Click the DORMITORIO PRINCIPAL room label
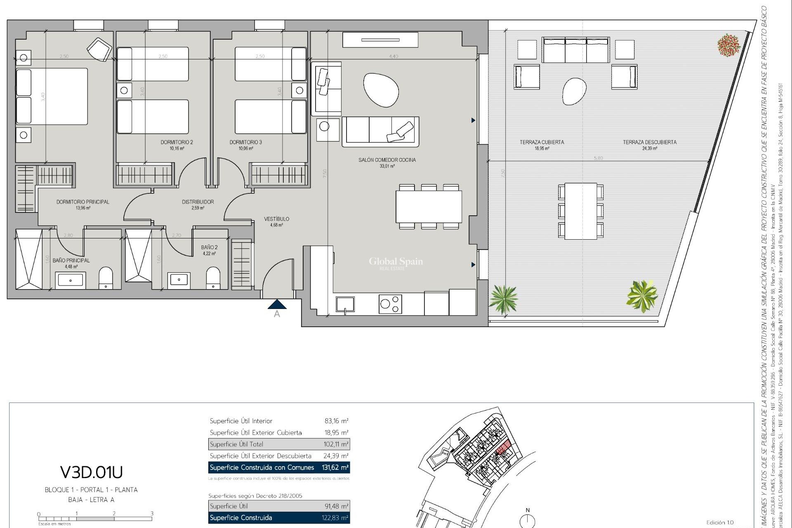(x=82, y=202)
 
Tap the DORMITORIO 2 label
(x=177, y=142)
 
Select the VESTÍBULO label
(x=276, y=219)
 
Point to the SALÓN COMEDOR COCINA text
(x=387, y=160)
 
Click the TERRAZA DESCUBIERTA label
(x=649, y=142)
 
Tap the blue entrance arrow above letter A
(x=277, y=304)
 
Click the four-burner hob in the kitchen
(x=390, y=304)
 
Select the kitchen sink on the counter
(x=345, y=304)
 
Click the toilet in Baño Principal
(x=106, y=278)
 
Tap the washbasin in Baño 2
(x=179, y=280)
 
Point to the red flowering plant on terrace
(x=729, y=45)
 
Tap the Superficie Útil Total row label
(x=236, y=444)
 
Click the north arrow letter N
(x=527, y=510)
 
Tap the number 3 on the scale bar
(x=152, y=514)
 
